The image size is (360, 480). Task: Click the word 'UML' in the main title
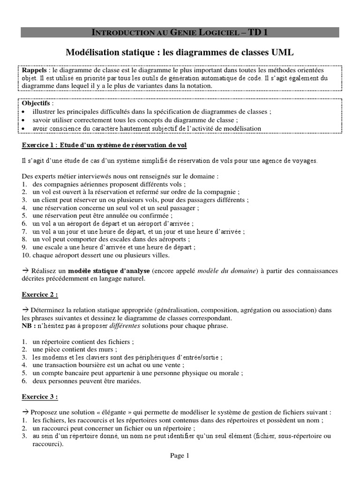281,51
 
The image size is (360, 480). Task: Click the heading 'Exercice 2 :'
40,295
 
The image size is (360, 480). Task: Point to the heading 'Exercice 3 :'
40,397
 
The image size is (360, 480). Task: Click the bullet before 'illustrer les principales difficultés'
24,112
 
